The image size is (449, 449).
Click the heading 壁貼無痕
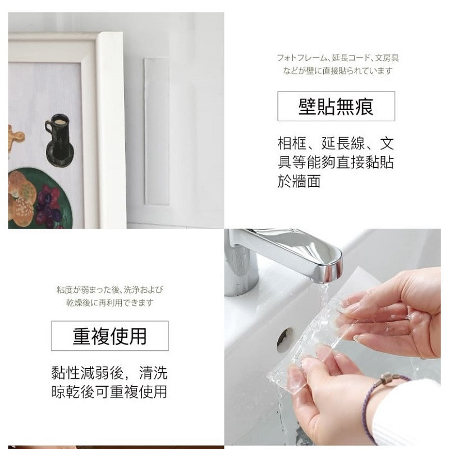point(336,107)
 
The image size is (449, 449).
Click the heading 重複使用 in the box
point(109,336)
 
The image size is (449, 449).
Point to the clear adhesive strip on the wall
point(157,131)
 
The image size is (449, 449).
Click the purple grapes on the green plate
point(48,205)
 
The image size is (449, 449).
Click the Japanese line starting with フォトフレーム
point(338,58)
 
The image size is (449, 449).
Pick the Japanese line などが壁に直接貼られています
point(338,71)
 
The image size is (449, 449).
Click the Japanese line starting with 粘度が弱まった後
point(109,290)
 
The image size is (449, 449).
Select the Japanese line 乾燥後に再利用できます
point(109,303)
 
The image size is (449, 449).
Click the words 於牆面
point(299,181)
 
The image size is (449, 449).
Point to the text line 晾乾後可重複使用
point(109,392)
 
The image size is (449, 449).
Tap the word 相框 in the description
point(292,143)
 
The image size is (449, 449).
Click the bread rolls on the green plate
point(21,198)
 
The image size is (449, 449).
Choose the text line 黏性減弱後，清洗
point(109,373)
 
